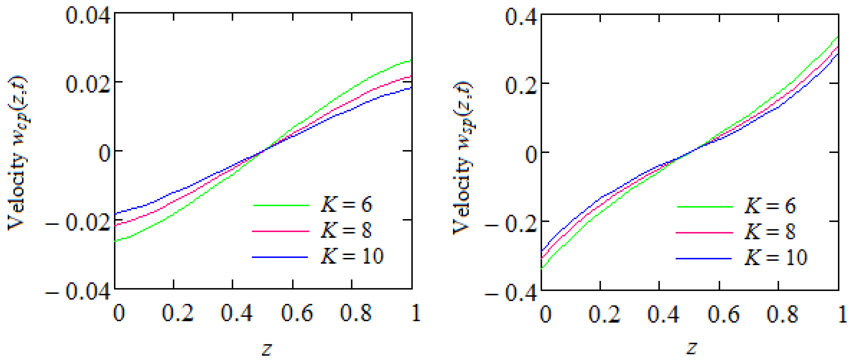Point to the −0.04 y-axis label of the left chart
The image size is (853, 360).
[x=78, y=292]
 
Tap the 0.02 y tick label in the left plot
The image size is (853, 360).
[x=88, y=84]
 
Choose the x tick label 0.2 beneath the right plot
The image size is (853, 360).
[x=605, y=314]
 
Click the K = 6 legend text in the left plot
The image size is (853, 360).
[x=346, y=204]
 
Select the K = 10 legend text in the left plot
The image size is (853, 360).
[x=352, y=256]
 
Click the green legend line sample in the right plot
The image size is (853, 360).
[x=705, y=207]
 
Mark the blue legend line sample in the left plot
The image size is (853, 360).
[x=280, y=257]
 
